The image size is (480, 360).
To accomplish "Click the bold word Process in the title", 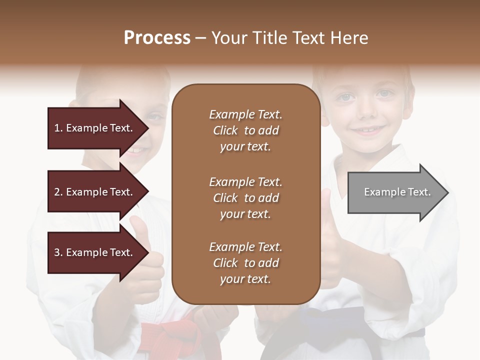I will (x=157, y=38).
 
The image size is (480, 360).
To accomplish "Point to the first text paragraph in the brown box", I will (x=245, y=130).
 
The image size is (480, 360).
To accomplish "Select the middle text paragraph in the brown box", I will (x=245, y=198).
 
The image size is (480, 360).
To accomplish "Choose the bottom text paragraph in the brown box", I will (x=245, y=263).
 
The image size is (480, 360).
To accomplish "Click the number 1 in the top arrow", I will (x=56, y=128).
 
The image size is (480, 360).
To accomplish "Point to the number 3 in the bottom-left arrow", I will (x=56, y=252).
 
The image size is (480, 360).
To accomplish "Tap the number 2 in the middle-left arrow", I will (x=56, y=192).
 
